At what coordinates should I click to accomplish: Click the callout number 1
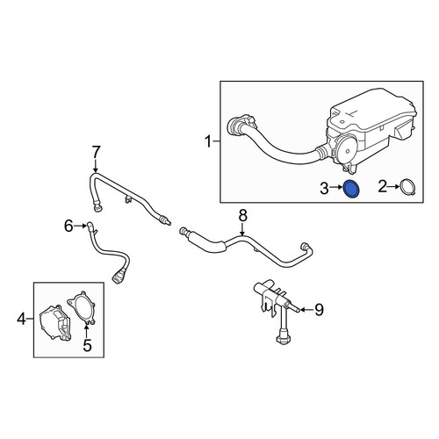pyautogui.click(x=208, y=142)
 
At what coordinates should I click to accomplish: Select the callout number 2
pyautogui.click(x=382, y=187)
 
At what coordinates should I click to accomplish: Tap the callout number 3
pyautogui.click(x=324, y=188)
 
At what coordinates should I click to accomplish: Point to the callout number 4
pyautogui.click(x=22, y=319)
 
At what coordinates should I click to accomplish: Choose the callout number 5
pyautogui.click(x=87, y=345)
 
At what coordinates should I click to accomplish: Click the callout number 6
pyautogui.click(x=68, y=226)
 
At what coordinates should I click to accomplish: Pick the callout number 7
pyautogui.click(x=96, y=152)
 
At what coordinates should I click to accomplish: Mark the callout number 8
pyautogui.click(x=243, y=216)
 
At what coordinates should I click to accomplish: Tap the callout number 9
pyautogui.click(x=319, y=310)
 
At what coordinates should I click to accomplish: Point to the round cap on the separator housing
pyautogui.click(x=347, y=151)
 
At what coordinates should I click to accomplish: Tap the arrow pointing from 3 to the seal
pyautogui.click(x=336, y=188)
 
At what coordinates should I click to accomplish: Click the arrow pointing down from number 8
pyautogui.click(x=242, y=230)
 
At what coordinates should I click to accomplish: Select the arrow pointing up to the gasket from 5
pyautogui.click(x=86, y=330)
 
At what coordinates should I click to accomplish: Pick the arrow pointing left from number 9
pyautogui.click(x=306, y=309)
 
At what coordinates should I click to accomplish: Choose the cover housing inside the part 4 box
pyautogui.click(x=54, y=322)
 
